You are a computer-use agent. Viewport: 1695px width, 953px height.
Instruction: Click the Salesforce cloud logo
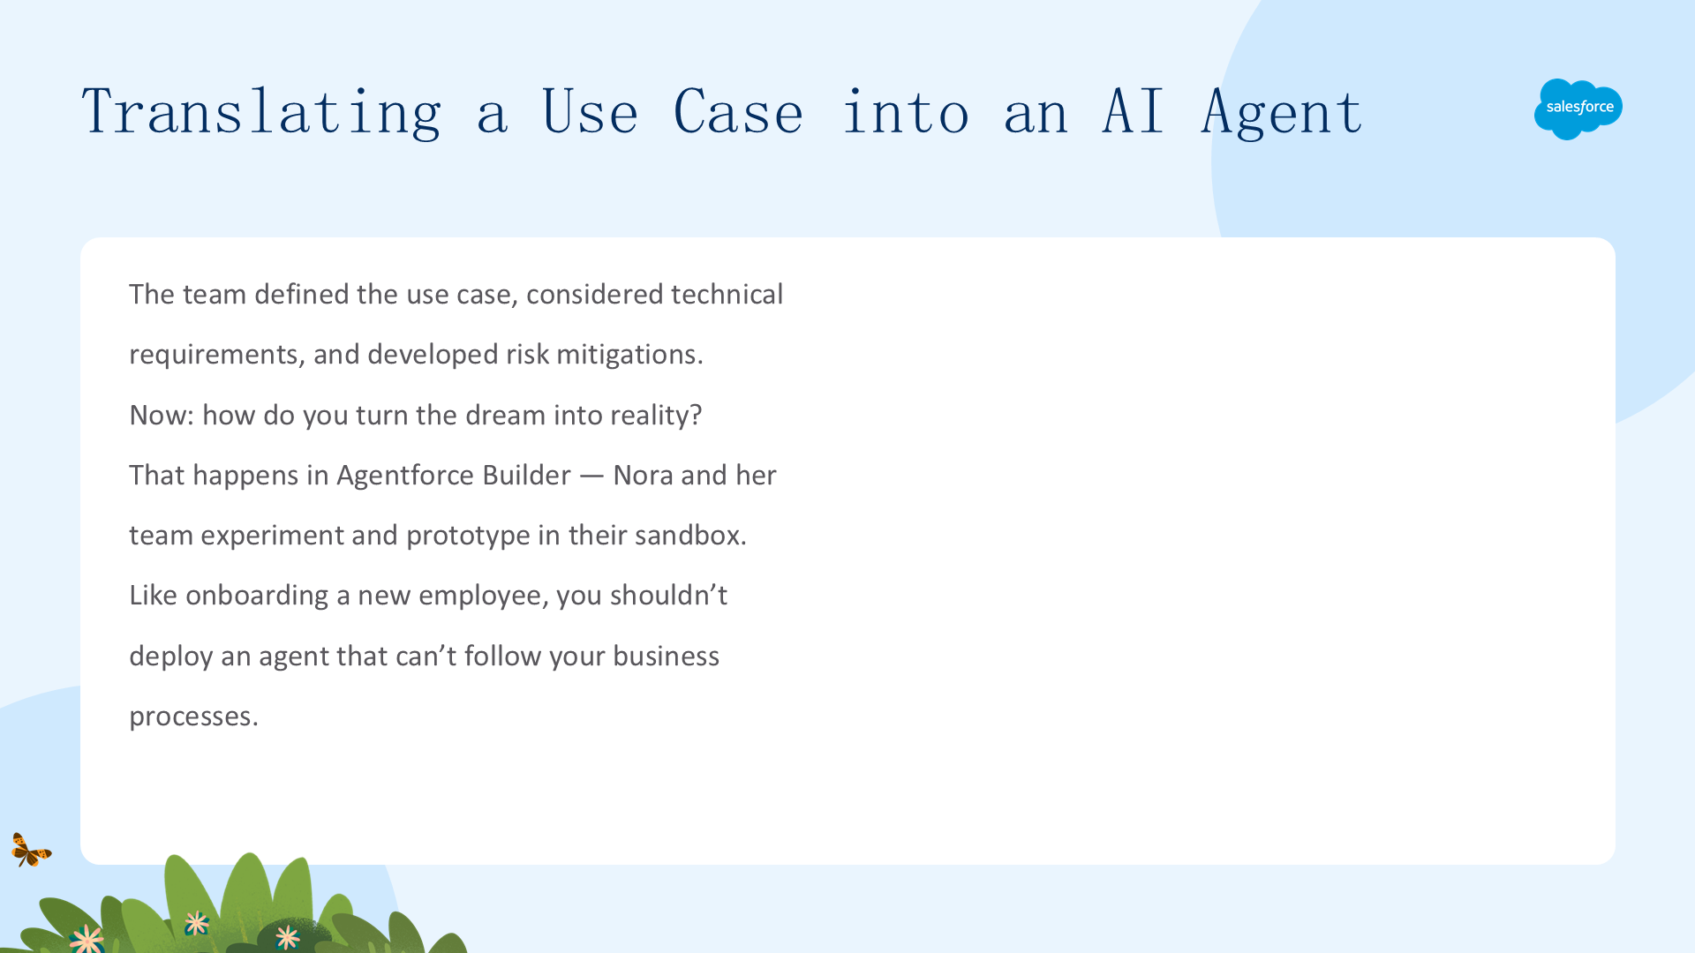(x=1578, y=109)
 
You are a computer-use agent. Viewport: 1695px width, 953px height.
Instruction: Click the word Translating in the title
(x=261, y=113)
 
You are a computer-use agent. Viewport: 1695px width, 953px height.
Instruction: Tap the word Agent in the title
(x=1282, y=113)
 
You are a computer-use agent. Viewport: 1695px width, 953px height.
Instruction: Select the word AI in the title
(x=1134, y=111)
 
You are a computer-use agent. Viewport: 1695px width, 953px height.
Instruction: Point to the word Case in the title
(x=738, y=112)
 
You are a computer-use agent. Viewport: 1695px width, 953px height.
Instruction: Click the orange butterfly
(x=31, y=850)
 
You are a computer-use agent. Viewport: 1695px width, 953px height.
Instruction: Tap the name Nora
(x=643, y=476)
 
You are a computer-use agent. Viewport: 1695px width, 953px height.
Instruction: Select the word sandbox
(x=690, y=536)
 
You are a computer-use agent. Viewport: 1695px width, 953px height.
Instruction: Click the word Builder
(x=527, y=476)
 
